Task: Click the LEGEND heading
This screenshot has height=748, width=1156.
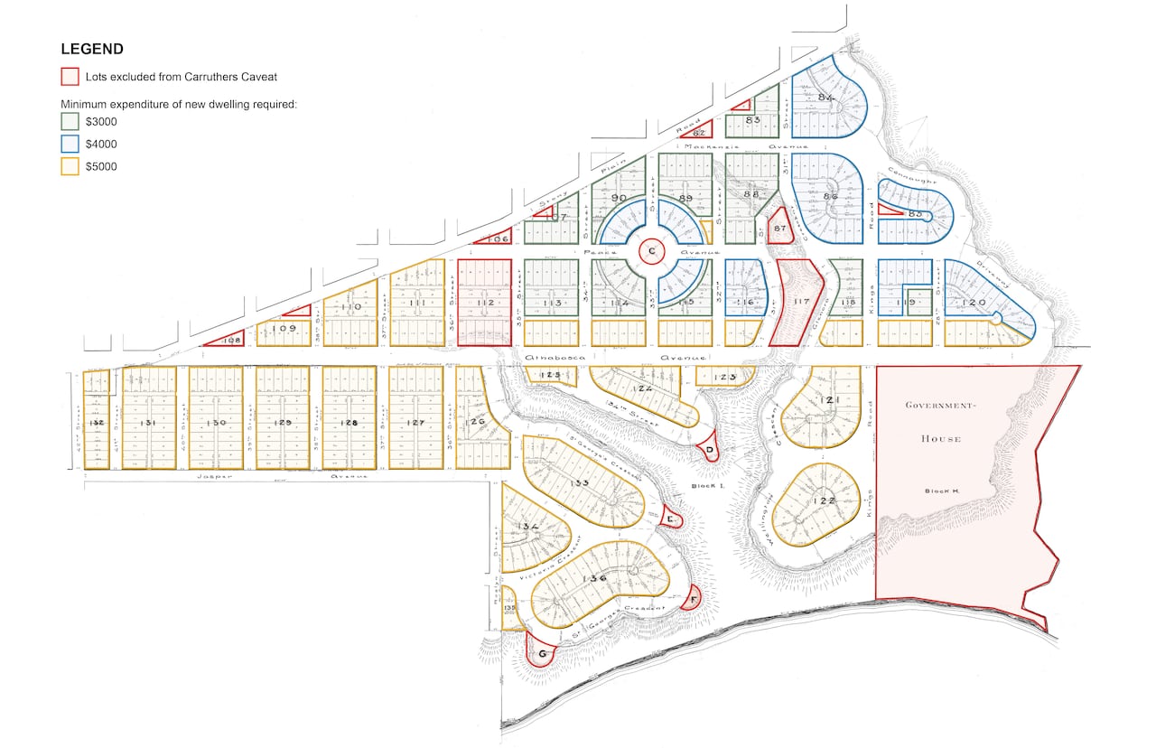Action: pyautogui.click(x=92, y=49)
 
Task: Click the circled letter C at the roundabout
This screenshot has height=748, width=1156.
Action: pyautogui.click(x=651, y=252)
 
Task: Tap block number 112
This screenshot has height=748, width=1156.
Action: pyautogui.click(x=485, y=303)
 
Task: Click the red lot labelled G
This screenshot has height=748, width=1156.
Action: pyautogui.click(x=542, y=653)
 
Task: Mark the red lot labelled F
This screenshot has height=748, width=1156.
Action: pyautogui.click(x=693, y=598)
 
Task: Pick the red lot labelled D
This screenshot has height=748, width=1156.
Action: pyautogui.click(x=710, y=449)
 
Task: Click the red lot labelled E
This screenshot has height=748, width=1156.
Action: pyautogui.click(x=670, y=519)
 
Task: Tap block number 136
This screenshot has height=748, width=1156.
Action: pyautogui.click(x=595, y=579)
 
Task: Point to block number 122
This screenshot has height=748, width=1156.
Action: pyautogui.click(x=824, y=501)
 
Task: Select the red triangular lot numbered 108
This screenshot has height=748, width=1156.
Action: pyautogui.click(x=231, y=340)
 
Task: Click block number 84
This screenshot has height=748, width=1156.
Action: pyautogui.click(x=825, y=98)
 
